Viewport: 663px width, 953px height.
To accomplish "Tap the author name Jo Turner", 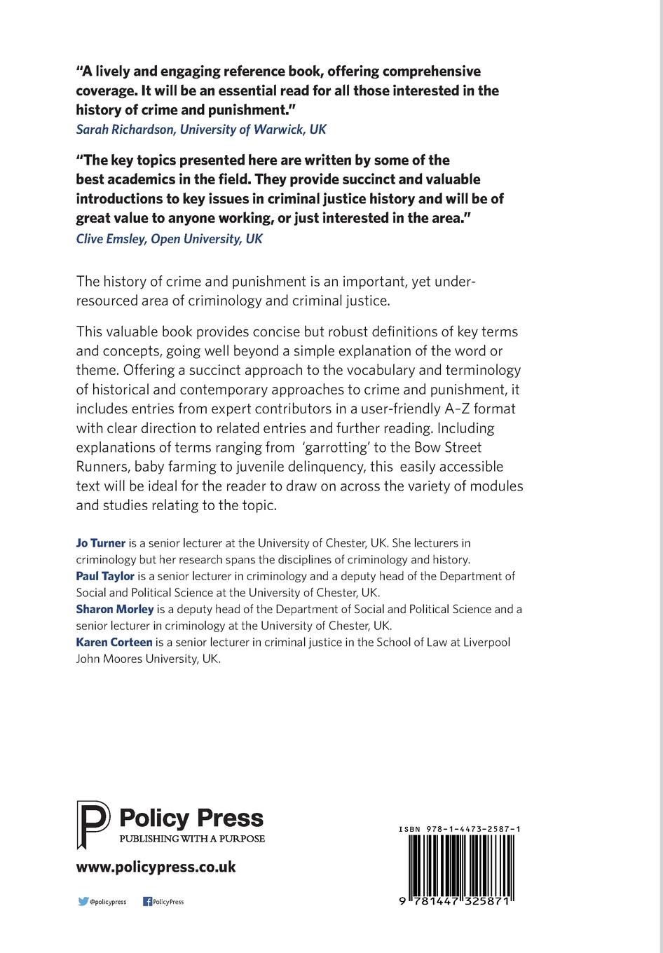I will [100, 543].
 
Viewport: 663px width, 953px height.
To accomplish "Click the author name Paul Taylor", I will [105, 576].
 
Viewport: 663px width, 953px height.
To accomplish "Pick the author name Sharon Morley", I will [114, 609].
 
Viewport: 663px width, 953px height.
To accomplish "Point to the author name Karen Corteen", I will [114, 642].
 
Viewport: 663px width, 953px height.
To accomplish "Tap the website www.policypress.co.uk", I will [156, 867].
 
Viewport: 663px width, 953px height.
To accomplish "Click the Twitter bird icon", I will [83, 902].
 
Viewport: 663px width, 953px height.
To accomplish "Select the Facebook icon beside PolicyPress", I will [147, 902].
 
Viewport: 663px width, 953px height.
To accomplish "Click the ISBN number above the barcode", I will [459, 829].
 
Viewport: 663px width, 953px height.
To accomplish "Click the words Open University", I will [198, 239].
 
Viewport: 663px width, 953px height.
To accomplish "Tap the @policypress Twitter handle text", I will [108, 902].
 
